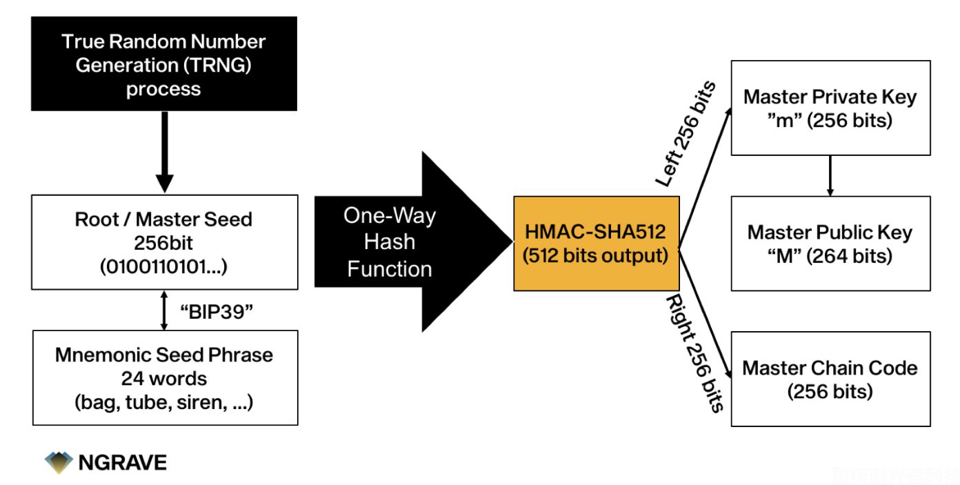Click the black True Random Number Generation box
click(x=164, y=63)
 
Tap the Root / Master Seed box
click(x=164, y=241)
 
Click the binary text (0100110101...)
click(x=164, y=266)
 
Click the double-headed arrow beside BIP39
click(x=163, y=310)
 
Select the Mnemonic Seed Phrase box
click(x=164, y=377)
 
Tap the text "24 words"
click(x=164, y=378)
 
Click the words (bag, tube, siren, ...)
click(x=164, y=402)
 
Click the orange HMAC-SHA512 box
click(x=596, y=244)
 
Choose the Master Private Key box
click(x=830, y=108)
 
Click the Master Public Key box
click(x=830, y=243)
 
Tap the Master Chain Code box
click(x=830, y=379)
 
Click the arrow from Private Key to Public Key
click(x=830, y=175)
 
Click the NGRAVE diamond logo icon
click(x=59, y=462)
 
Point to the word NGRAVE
click(x=122, y=462)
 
